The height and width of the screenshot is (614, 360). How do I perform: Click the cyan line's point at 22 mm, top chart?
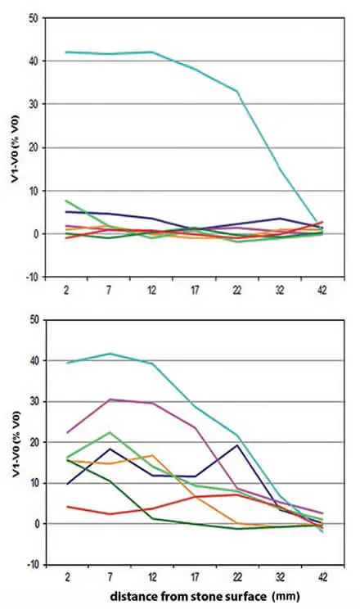pos(237,91)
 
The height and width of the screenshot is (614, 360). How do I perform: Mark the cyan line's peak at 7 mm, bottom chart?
pos(110,354)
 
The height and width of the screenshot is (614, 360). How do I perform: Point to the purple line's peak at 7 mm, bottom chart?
pos(110,400)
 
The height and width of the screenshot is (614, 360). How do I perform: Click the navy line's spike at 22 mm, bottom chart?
pos(237,445)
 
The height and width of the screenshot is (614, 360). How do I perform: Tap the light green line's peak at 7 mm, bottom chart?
pos(110,432)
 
